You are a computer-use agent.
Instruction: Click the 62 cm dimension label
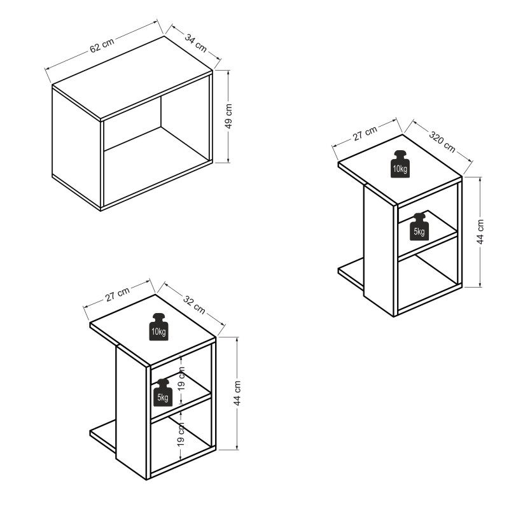(x=102, y=45)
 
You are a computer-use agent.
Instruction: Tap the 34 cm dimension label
(x=196, y=43)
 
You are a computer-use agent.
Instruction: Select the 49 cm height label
(x=228, y=116)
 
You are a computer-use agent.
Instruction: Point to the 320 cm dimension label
(x=442, y=141)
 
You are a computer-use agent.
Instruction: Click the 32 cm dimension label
(x=194, y=305)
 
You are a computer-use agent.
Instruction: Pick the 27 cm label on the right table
(x=365, y=133)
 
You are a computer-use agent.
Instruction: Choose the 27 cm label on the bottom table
(x=117, y=294)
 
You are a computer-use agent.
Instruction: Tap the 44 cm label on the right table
(x=480, y=231)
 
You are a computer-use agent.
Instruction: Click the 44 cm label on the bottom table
(x=237, y=393)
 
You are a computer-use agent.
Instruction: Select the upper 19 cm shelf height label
(x=181, y=378)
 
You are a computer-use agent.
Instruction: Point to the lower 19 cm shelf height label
(x=181, y=434)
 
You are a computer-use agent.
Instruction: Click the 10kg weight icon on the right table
(x=400, y=164)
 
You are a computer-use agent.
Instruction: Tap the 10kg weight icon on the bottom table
(x=158, y=326)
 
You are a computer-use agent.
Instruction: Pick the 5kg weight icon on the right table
(x=419, y=227)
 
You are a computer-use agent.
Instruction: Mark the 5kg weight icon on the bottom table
(x=163, y=392)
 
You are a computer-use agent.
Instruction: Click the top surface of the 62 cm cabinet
(x=132, y=77)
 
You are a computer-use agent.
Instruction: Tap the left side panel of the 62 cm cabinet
(x=76, y=148)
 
